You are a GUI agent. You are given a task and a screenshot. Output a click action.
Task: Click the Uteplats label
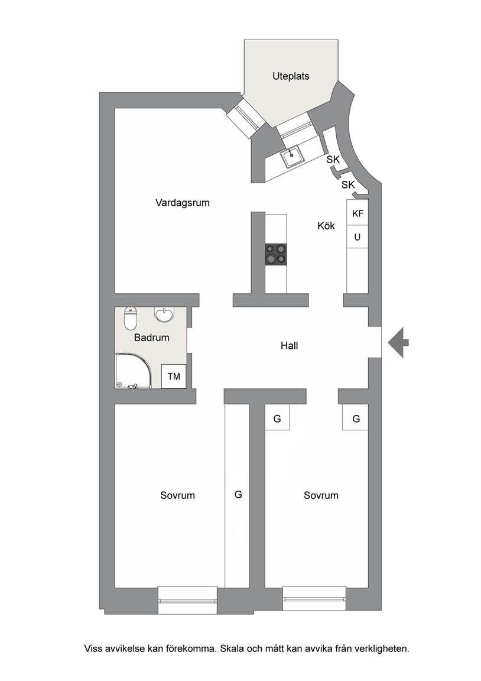click(291, 76)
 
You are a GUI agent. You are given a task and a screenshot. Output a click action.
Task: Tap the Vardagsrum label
click(183, 203)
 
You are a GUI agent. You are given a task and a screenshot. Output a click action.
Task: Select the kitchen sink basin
click(292, 156)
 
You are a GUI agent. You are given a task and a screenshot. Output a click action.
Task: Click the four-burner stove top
click(276, 254)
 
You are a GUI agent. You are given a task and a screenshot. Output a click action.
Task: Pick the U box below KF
click(357, 236)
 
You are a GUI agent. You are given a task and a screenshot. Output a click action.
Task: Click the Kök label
click(326, 226)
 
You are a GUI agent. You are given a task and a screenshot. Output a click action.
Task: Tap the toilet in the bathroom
click(130, 319)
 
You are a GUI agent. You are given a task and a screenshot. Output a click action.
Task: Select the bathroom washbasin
click(164, 315)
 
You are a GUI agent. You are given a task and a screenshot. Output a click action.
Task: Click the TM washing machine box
click(174, 376)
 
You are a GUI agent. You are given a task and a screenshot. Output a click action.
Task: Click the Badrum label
click(151, 338)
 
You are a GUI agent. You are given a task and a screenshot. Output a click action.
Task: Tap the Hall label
click(289, 346)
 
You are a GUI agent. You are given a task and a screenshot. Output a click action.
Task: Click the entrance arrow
click(398, 342)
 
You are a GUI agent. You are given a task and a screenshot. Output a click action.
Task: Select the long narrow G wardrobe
click(237, 495)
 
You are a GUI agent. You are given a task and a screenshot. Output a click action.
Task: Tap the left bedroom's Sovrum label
click(177, 495)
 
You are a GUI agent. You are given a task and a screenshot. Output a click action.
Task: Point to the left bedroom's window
click(187, 600)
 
